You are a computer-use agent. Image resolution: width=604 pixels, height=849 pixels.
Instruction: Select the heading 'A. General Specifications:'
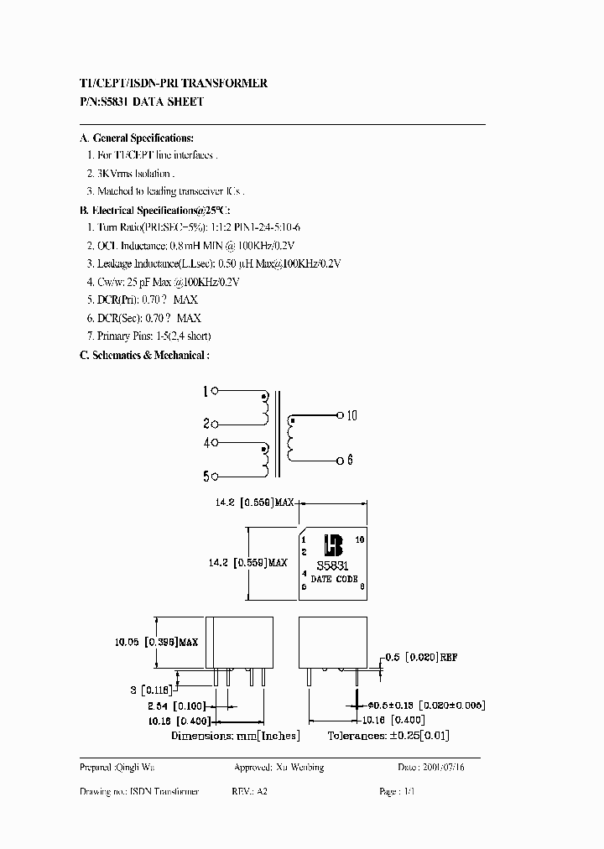[x=136, y=138]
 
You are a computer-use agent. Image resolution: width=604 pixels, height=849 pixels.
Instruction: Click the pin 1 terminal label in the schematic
[x=205, y=391]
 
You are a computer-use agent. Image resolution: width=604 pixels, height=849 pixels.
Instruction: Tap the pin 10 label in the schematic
[x=351, y=415]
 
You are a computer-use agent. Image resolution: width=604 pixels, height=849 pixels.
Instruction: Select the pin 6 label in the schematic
[x=351, y=461]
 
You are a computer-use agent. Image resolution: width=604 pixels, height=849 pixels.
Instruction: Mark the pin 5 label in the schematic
[x=205, y=477]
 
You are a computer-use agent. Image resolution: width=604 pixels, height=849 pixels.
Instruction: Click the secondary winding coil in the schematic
[x=291, y=438]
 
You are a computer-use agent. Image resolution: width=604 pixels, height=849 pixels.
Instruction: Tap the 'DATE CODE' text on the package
[x=334, y=579]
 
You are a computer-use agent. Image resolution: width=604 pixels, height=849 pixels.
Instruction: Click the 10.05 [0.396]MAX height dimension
[x=156, y=642]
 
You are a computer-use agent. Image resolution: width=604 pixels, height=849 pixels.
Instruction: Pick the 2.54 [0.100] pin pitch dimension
[x=158, y=707]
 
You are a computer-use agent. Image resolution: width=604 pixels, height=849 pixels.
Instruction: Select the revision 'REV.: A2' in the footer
[x=250, y=791]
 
